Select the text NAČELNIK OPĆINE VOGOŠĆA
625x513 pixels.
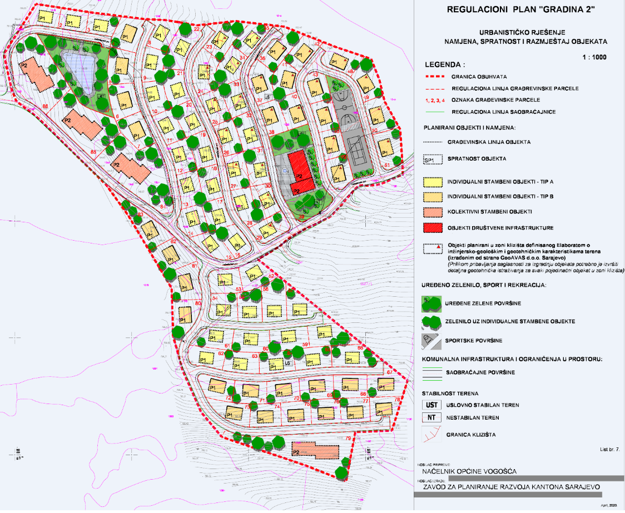[x=469, y=471]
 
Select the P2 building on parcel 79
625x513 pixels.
[x=315, y=449]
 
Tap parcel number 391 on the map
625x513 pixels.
[x=305, y=345]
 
